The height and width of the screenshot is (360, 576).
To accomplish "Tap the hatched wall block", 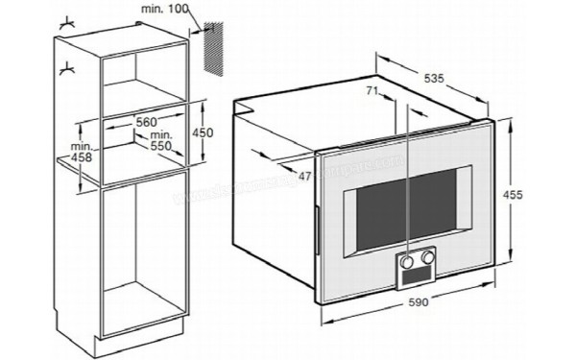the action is (217, 43).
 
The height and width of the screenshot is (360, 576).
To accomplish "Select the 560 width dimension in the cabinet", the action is (146, 122).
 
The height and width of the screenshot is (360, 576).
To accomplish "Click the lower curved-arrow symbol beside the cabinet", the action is (67, 67).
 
